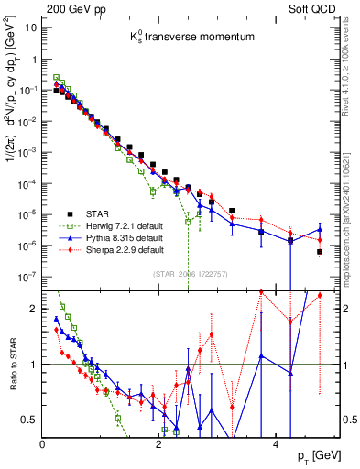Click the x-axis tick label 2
pyautogui.click(x=159, y=444)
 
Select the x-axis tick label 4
pyautogui.click(x=277, y=444)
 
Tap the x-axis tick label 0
pyautogui.click(x=43, y=444)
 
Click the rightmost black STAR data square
pyautogui.click(x=320, y=252)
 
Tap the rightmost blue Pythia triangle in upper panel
pyautogui.click(x=320, y=230)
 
